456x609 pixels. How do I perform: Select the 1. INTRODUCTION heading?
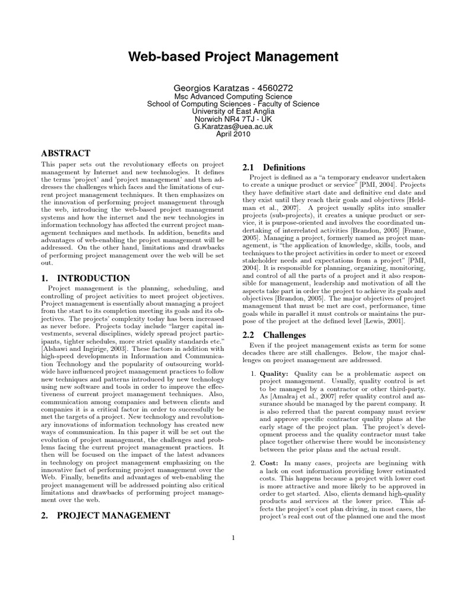85,278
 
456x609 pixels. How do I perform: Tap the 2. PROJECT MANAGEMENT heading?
106,515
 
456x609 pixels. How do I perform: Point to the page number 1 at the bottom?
233,538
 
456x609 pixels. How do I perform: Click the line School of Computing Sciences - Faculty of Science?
233,103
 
